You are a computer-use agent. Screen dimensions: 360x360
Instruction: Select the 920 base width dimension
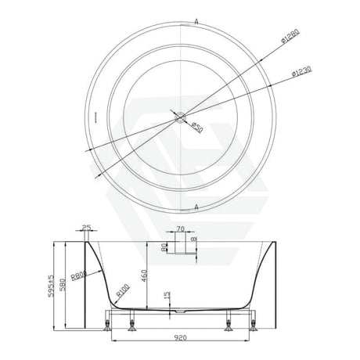pos(181,339)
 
